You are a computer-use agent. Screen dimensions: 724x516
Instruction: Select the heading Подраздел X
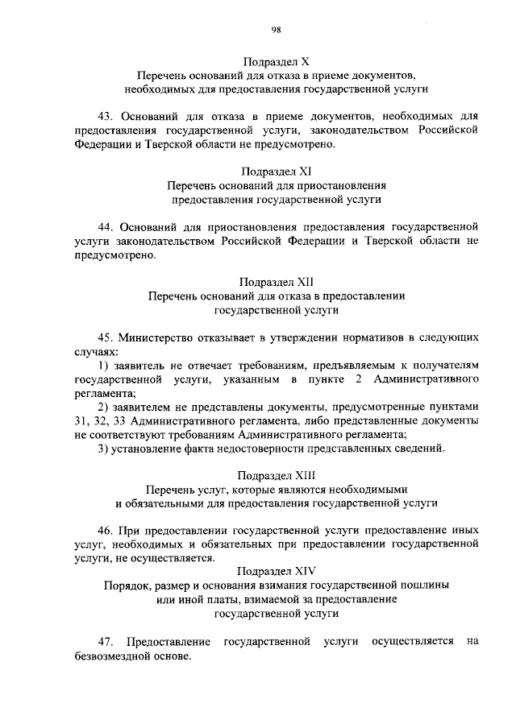click(x=276, y=60)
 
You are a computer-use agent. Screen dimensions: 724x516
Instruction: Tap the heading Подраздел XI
click(x=276, y=171)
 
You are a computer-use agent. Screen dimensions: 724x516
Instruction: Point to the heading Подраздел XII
click(x=276, y=282)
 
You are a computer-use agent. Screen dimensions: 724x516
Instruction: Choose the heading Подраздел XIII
click(x=276, y=475)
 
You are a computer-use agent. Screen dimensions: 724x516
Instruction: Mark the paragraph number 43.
click(x=105, y=116)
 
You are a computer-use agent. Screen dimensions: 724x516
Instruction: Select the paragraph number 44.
click(x=105, y=226)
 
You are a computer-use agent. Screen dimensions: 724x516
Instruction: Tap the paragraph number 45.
click(x=105, y=337)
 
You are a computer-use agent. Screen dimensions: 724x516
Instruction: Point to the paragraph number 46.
click(x=105, y=530)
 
